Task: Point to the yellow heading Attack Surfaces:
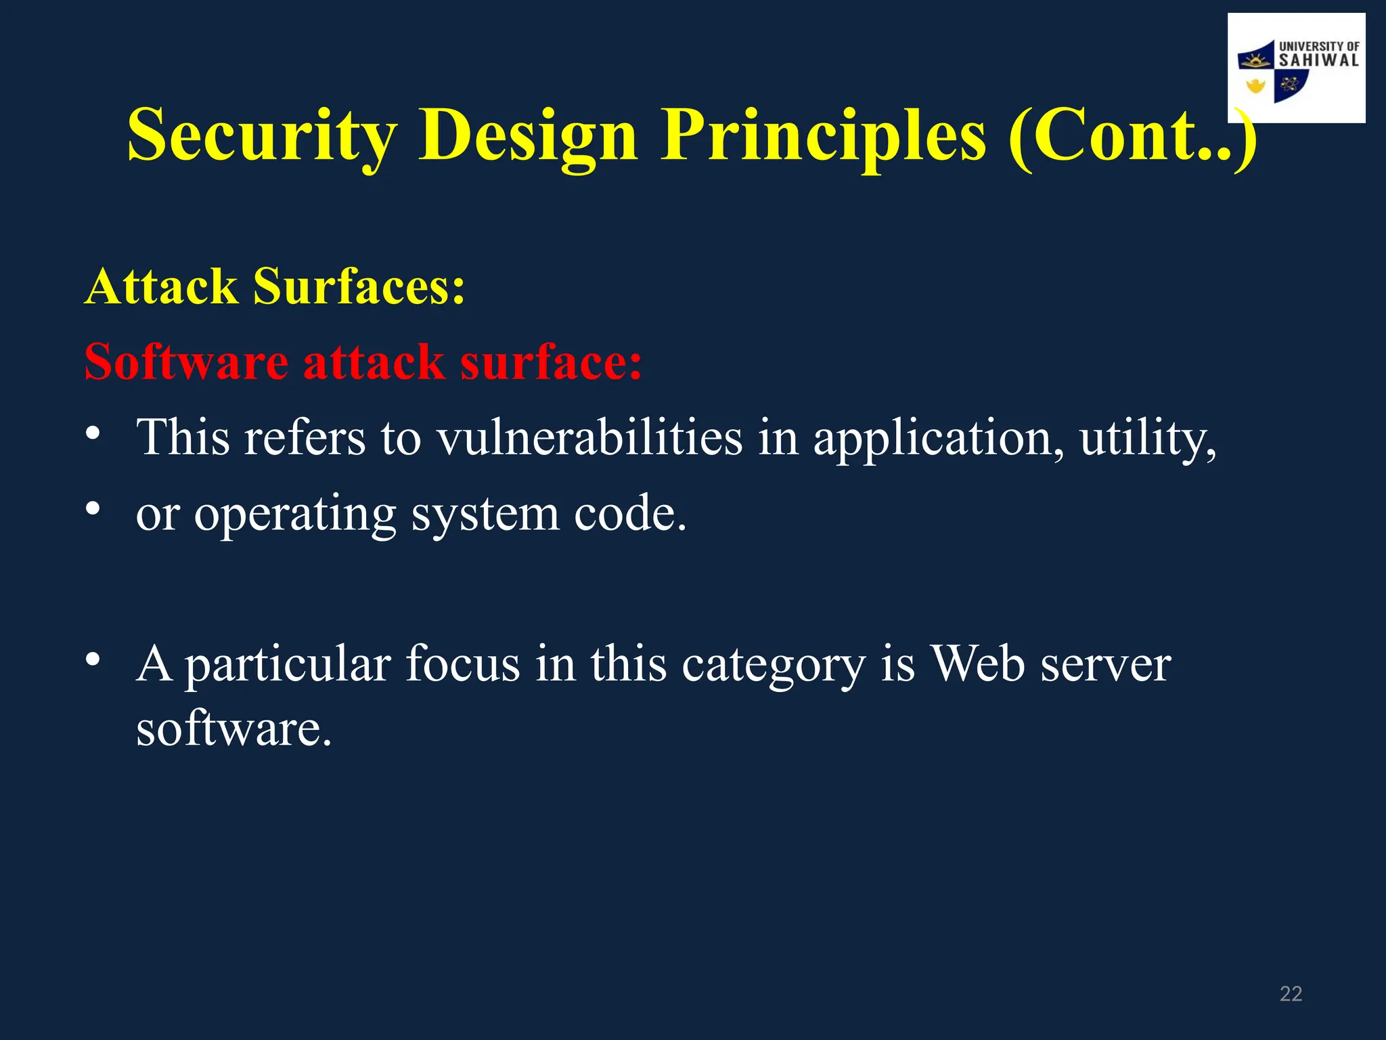(x=275, y=286)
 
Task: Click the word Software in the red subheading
(x=186, y=362)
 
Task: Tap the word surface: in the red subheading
(x=551, y=362)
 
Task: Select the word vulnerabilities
(x=589, y=437)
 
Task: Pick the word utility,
(x=1148, y=439)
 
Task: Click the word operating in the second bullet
(x=295, y=515)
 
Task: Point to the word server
(x=1105, y=665)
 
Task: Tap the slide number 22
(x=1291, y=994)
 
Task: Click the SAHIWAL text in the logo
(x=1318, y=60)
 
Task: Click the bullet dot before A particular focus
(x=93, y=659)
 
